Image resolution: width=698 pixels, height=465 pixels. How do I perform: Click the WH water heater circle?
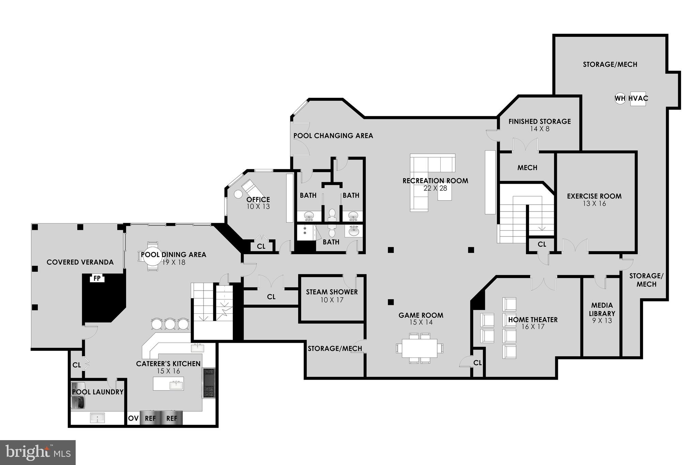tap(620, 99)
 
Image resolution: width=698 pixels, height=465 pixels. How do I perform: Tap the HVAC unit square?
tap(638, 99)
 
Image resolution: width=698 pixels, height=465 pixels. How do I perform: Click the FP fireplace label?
tap(97, 279)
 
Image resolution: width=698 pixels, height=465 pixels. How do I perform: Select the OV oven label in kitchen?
tap(133, 418)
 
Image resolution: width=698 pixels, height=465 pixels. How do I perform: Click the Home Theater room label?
tap(533, 320)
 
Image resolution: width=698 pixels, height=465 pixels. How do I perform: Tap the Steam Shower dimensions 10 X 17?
tap(332, 300)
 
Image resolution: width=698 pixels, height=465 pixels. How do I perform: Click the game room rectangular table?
tap(420, 348)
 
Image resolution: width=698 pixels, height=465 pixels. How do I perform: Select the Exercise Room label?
tap(594, 196)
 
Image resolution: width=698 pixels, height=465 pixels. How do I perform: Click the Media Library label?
tap(602, 309)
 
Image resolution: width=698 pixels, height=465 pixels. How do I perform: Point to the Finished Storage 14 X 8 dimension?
tap(540, 129)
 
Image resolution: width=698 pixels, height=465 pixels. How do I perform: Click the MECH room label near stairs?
tap(527, 168)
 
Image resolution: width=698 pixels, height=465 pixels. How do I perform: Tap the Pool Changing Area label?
tap(333, 136)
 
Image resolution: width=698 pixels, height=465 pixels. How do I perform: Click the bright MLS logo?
tap(37, 452)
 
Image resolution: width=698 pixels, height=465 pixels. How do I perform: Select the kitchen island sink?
tap(176, 385)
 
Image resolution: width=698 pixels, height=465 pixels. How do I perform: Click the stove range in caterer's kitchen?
tap(209, 383)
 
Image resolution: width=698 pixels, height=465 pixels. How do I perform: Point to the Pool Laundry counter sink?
tap(97, 418)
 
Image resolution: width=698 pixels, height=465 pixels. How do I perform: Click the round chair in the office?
tap(238, 194)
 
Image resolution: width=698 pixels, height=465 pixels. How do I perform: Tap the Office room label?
tap(258, 200)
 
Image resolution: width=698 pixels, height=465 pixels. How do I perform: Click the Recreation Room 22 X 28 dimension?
tap(435, 188)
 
